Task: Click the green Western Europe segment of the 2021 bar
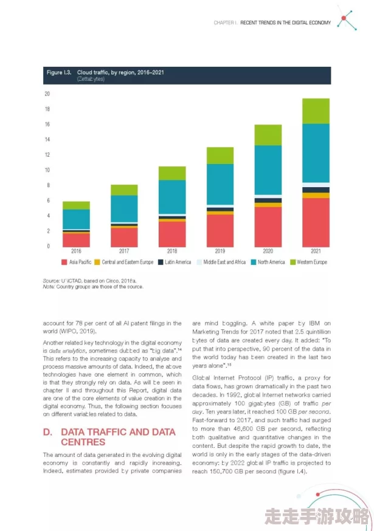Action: (316, 111)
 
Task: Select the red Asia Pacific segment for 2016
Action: (76, 240)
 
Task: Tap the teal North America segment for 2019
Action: (220, 184)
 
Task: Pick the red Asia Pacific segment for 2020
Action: (268, 227)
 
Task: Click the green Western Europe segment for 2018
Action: (172, 173)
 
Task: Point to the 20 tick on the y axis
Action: (47, 94)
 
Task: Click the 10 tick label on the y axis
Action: (47, 170)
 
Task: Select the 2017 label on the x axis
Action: (124, 251)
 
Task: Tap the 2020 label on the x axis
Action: (268, 251)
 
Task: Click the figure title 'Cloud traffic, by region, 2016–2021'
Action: (120, 72)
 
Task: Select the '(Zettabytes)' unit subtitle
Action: (91, 79)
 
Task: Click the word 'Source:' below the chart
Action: (50, 281)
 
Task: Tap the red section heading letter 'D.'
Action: (47, 432)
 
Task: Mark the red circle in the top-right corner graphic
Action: (345, 18)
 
